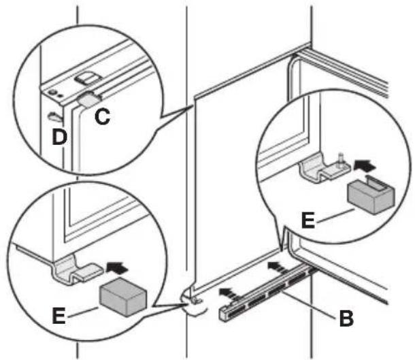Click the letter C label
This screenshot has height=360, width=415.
point(103,117)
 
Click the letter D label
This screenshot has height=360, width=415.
point(60,137)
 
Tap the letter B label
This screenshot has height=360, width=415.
point(346,318)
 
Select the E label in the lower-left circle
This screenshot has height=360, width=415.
point(59,316)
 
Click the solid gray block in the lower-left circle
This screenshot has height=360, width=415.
point(123,297)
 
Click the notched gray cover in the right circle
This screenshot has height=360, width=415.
point(371,195)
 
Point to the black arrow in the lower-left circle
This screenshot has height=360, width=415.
point(117,267)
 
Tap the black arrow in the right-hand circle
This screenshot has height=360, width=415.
point(365,165)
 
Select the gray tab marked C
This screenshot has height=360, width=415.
point(89,100)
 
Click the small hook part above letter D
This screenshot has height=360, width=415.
point(55,117)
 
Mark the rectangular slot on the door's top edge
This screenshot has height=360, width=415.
point(88,79)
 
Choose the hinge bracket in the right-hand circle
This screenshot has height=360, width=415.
point(325,168)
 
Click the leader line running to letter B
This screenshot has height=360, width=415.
point(310,304)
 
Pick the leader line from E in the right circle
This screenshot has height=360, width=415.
point(335,216)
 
